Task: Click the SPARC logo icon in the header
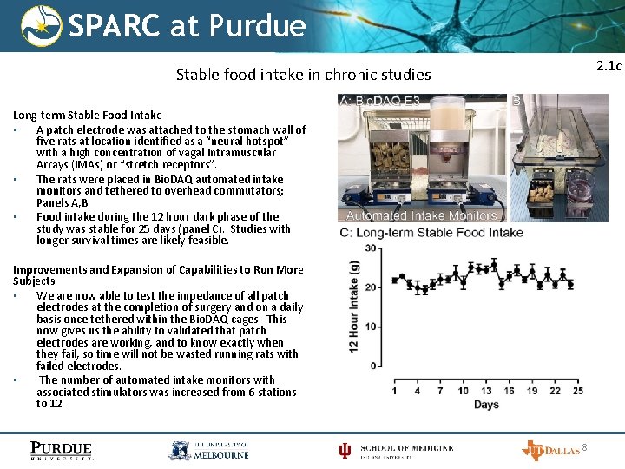pyautogui.click(x=41, y=25)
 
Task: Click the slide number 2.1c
pyautogui.click(x=609, y=66)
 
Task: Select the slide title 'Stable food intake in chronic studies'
pyautogui.click(x=303, y=75)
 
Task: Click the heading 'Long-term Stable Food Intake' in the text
pyautogui.click(x=87, y=115)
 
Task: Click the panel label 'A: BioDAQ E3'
pyautogui.click(x=381, y=102)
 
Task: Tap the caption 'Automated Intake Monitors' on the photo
pyautogui.click(x=422, y=215)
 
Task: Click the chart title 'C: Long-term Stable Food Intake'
pyautogui.click(x=431, y=232)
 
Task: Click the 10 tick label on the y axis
pyautogui.click(x=371, y=327)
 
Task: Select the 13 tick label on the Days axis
pyautogui.click(x=486, y=391)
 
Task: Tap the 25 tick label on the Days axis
pyautogui.click(x=577, y=391)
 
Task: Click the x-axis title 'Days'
pyautogui.click(x=486, y=405)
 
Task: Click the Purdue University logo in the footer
pyautogui.click(x=61, y=450)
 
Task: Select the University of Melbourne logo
pyautogui.click(x=208, y=450)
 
